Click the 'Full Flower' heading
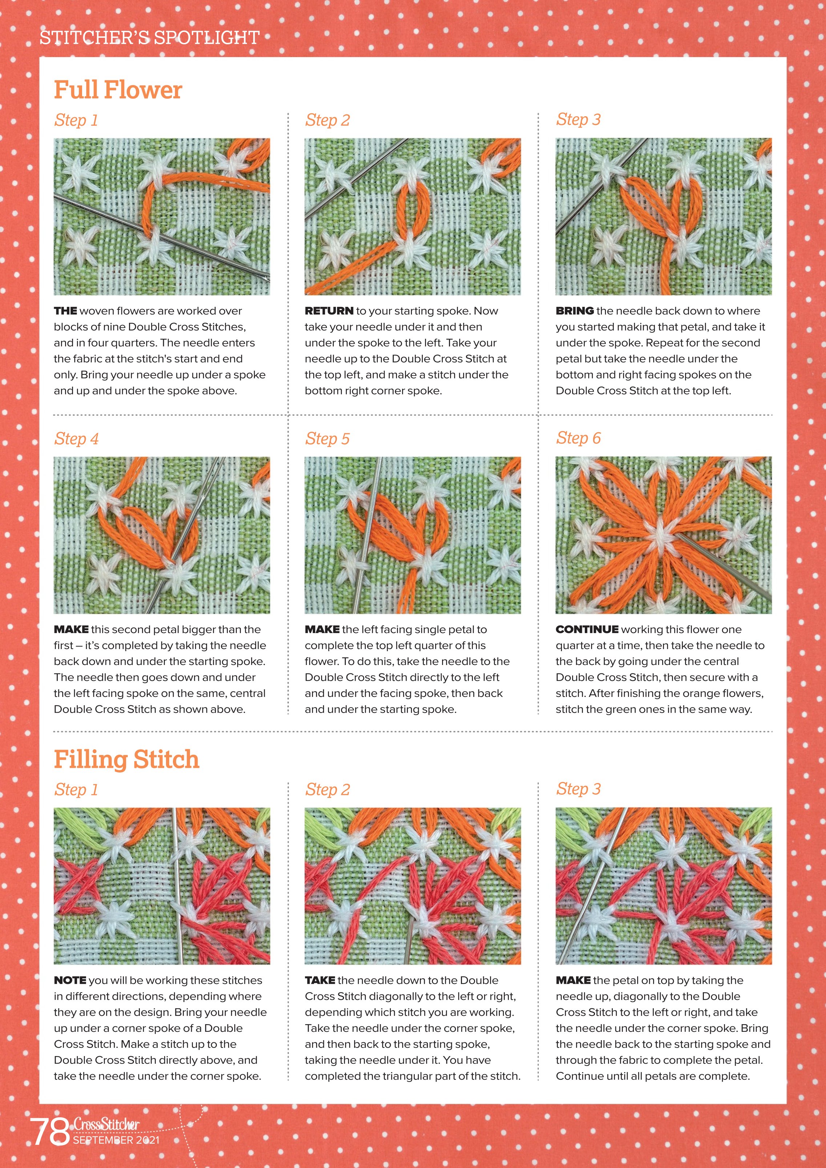pos(118,90)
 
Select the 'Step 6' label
pos(578,438)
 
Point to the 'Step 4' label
pos(76,438)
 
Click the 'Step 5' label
pos(327,438)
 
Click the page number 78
pos(49,1132)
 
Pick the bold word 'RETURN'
pos(329,311)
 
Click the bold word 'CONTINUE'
pos(587,629)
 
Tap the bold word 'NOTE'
pos(70,980)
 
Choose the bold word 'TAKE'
pos(320,980)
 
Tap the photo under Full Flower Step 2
pos(413,217)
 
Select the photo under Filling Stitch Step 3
pos(664,886)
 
